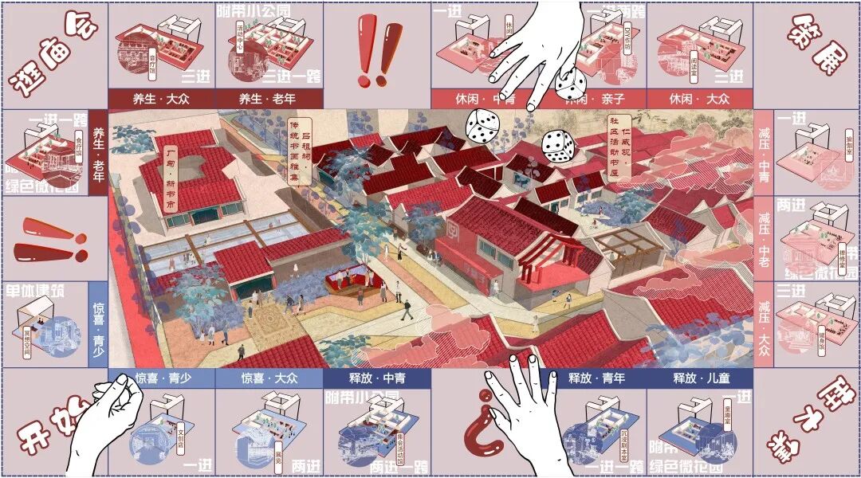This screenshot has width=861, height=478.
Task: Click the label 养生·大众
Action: point(162,99)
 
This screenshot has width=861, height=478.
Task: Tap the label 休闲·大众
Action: point(699,99)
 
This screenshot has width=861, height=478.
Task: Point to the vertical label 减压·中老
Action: point(764,239)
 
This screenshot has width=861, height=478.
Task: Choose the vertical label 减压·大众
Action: point(764,326)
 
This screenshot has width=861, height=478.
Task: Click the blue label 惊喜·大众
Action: point(269,378)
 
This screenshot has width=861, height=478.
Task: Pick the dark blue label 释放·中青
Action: point(377,378)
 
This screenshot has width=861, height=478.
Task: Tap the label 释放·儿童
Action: point(699,378)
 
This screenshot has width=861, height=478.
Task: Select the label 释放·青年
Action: point(593,378)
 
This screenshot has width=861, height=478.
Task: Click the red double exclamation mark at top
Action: point(378,54)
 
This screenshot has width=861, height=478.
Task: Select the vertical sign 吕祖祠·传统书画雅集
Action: point(302,151)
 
